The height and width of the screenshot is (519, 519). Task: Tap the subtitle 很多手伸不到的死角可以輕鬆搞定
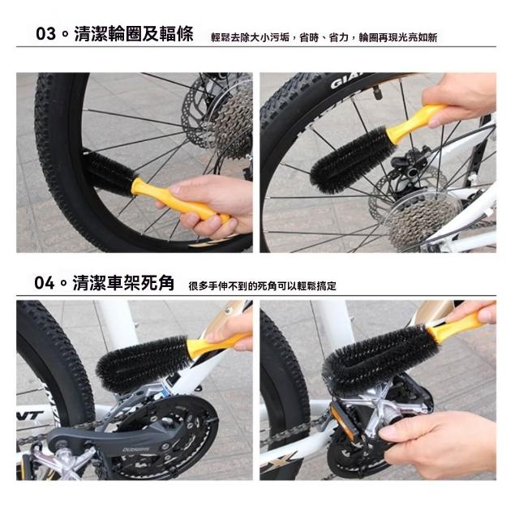(x=262, y=285)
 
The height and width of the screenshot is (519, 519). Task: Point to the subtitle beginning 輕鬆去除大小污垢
(x=323, y=37)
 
